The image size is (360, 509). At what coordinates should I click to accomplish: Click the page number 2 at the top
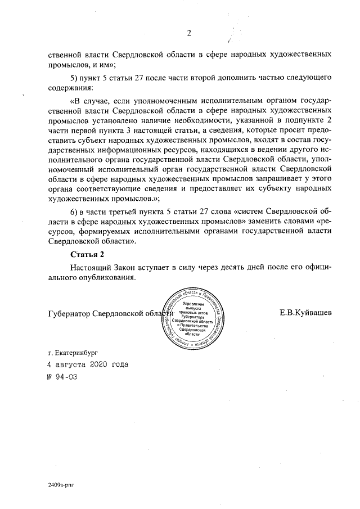click(x=189, y=32)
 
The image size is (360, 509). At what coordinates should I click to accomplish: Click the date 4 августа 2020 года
click(x=88, y=364)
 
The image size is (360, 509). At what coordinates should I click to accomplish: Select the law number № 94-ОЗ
click(x=62, y=376)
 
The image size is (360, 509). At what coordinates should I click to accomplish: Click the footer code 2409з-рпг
click(x=61, y=484)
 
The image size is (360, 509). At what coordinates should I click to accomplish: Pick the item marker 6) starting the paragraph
click(x=75, y=211)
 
